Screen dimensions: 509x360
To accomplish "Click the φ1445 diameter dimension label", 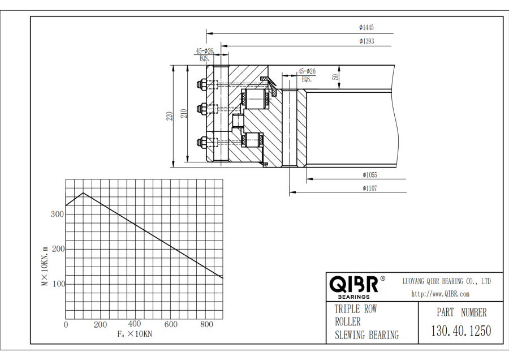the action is [366, 28].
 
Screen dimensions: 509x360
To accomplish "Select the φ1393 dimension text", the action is [366, 41].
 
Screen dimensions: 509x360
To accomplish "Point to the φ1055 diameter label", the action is [370, 175].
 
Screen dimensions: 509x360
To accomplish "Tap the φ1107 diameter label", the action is [370, 188].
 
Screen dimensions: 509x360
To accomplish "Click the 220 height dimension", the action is [169, 116].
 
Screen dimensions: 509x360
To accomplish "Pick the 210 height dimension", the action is [184, 113].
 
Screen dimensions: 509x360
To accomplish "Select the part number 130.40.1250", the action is [461, 331].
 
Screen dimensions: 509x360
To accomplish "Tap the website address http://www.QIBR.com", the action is [440, 294].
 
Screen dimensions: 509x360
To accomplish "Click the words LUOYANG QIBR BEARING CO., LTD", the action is [447, 281].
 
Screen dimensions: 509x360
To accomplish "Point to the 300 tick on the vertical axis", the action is [57, 214].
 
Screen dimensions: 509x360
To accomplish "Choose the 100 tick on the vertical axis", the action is [58, 284].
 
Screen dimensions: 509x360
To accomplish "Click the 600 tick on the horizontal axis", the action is [171, 324].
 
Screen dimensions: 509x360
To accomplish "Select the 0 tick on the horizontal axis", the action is [66, 324].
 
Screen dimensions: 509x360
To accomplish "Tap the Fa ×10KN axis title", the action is [135, 334].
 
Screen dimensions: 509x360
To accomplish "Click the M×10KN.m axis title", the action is [45, 266].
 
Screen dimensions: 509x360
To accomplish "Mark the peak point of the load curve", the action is [84, 192].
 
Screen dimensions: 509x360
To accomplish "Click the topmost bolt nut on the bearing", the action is [201, 84].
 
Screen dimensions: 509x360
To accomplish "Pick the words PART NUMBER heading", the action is [461, 312].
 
